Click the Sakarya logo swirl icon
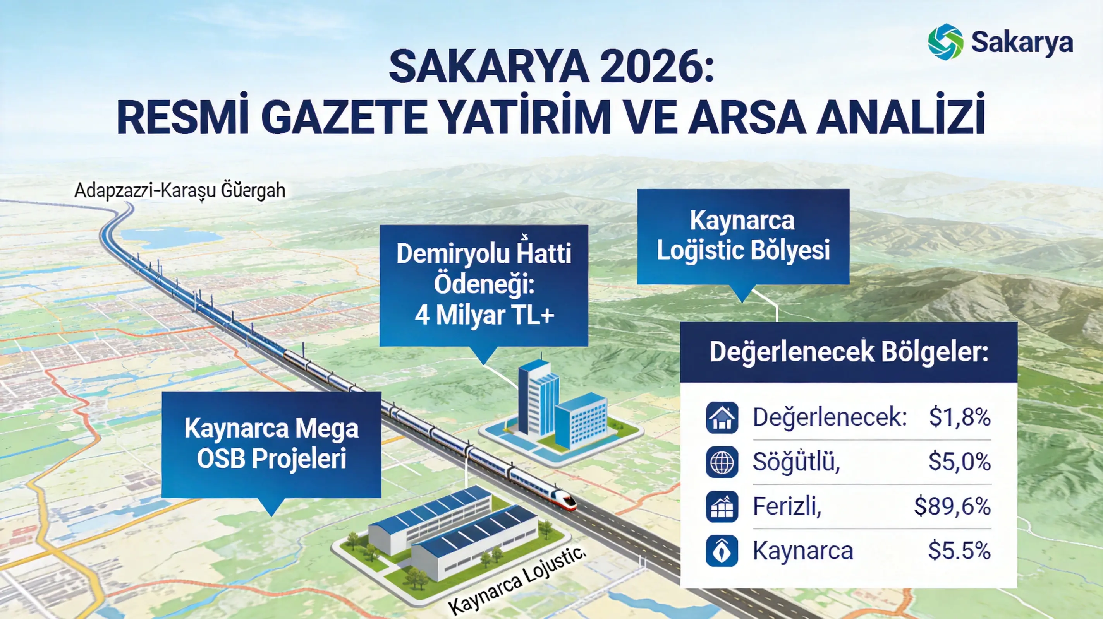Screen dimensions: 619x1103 (945, 41)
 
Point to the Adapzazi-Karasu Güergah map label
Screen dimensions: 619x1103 (180, 190)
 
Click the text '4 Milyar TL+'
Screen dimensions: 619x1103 (484, 315)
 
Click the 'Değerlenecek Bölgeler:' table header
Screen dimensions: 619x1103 (848, 352)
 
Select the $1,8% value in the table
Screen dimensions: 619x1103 (960, 417)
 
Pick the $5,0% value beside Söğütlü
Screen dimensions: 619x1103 (960, 462)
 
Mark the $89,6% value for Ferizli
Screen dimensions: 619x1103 (952, 506)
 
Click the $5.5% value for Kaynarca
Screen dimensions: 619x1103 (959, 551)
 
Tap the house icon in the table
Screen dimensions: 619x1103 (722, 417)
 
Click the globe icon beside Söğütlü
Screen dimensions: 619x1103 (722, 462)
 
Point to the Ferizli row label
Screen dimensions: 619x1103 (787, 506)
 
